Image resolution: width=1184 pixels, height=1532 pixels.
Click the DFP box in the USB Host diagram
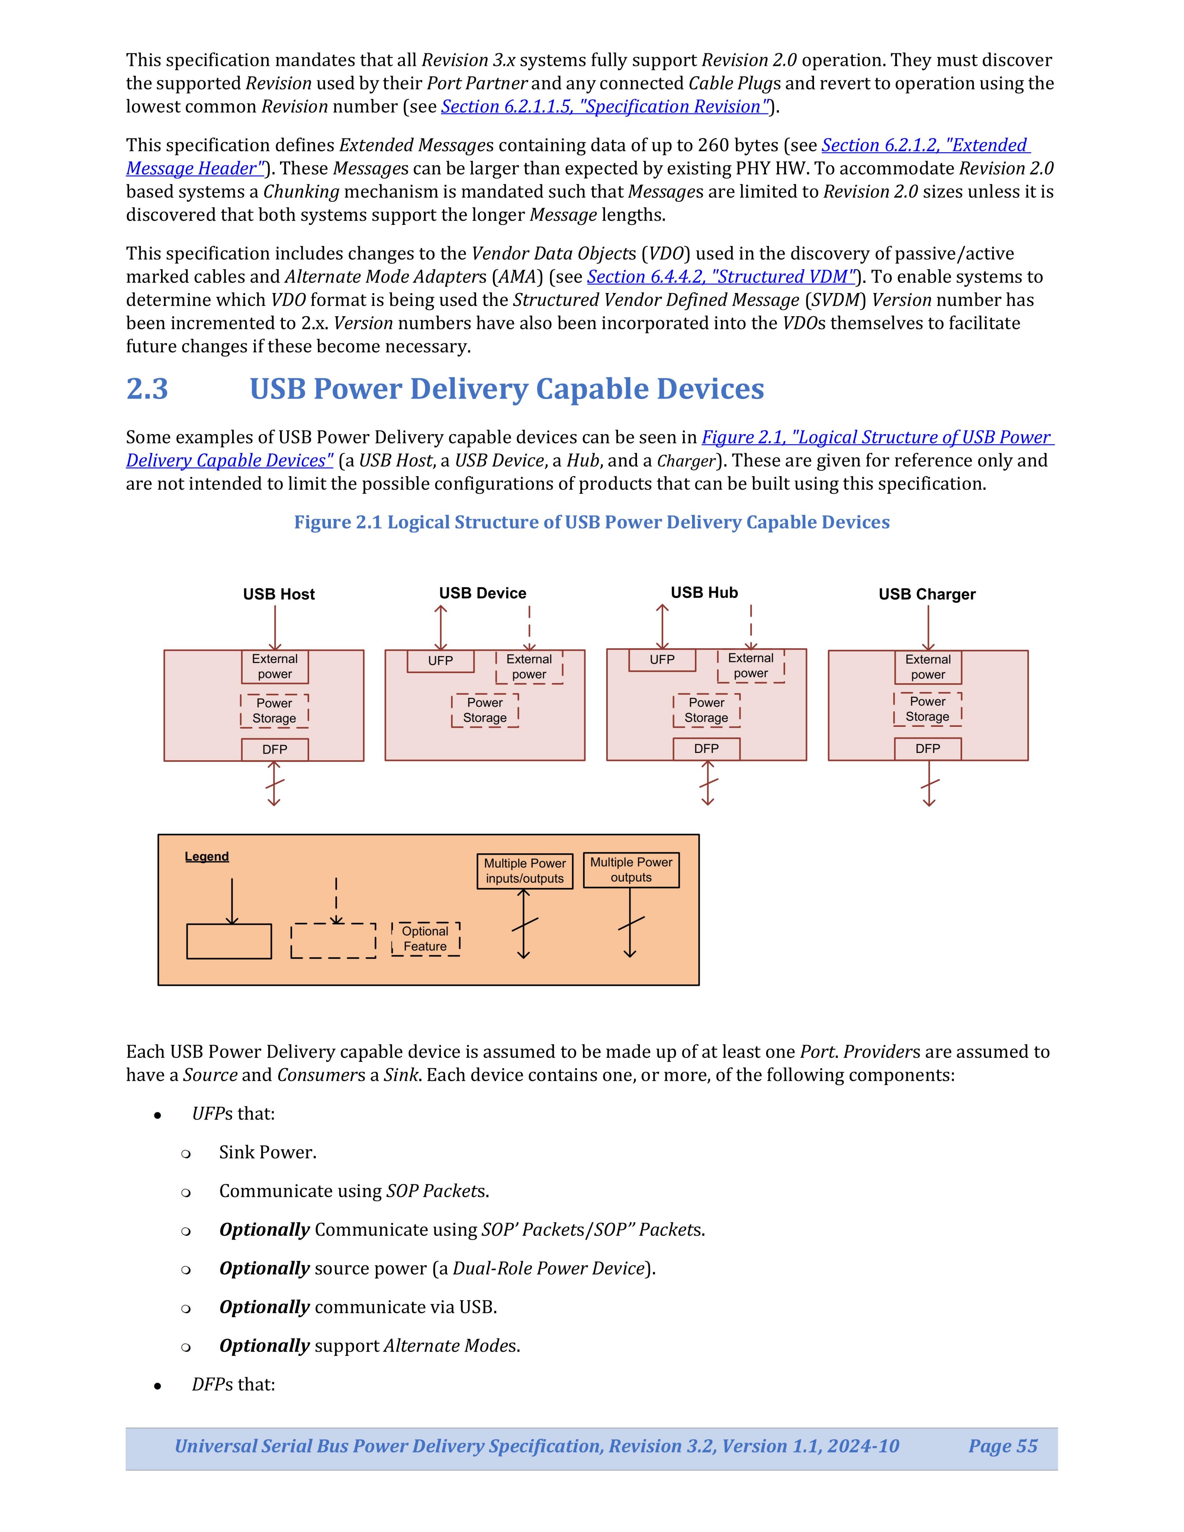[274, 749]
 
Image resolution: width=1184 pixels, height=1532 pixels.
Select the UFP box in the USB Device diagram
[440, 661]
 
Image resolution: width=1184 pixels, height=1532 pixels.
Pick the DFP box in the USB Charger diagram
[927, 749]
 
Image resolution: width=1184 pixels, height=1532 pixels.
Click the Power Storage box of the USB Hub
[706, 710]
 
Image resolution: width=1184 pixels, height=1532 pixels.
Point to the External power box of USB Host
[274, 666]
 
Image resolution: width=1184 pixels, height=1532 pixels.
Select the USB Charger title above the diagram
[926, 594]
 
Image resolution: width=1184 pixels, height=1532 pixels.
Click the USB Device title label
[482, 593]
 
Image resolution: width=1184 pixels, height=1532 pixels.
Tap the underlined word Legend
[207, 856]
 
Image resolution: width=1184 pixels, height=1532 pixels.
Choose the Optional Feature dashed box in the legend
[425, 939]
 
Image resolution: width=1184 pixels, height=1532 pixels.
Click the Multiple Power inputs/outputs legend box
[525, 870]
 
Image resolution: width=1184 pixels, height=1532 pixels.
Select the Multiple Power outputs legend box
[631, 870]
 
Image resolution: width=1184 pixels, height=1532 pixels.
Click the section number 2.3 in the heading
[147, 388]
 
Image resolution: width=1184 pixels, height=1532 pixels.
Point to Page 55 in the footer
[1002, 1446]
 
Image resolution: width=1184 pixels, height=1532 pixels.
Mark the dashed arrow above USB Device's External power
[530, 628]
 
